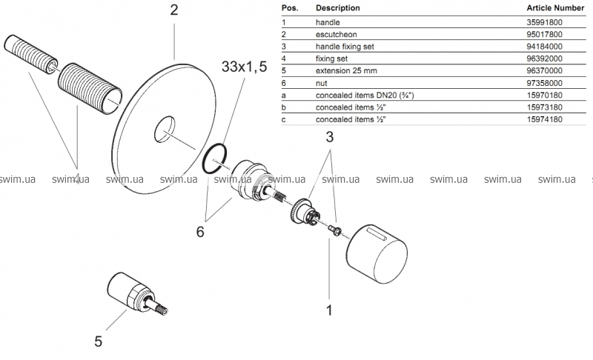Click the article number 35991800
coord(544,22)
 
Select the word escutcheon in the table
coord(337,34)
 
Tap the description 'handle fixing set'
coord(345,47)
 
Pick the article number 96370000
coord(544,70)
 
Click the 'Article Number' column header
coord(555,8)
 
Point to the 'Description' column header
coord(338,8)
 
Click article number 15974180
coord(544,119)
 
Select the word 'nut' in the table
coord(322,83)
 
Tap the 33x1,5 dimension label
coord(245,67)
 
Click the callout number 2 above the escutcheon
coord(174,10)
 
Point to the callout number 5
coord(99,341)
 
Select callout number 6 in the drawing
coord(200,232)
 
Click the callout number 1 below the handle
coord(329,310)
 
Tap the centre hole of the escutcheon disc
coord(165,130)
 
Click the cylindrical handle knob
coord(377,254)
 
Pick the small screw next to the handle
coord(334,230)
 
